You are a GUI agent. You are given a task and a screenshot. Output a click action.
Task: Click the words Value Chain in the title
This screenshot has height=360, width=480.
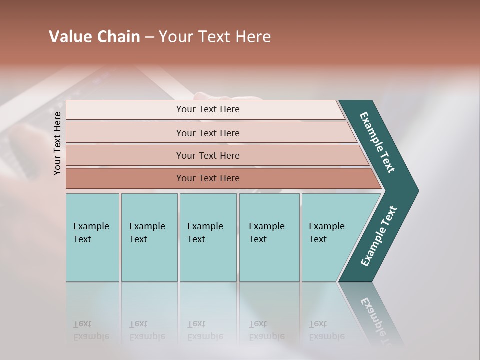(94, 37)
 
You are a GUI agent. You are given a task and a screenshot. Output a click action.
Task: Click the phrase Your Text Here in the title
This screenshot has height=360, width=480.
(215, 37)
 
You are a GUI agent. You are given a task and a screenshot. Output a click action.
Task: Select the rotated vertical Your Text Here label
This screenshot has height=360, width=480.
(57, 143)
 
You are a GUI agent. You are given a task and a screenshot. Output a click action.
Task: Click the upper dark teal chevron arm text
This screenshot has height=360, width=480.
(378, 142)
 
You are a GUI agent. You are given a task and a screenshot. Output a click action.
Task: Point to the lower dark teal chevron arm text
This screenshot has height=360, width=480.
(379, 236)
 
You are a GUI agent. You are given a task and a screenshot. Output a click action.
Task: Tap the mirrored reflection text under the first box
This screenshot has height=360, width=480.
(91, 330)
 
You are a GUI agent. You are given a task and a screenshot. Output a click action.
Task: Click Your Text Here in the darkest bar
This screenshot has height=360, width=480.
(208, 178)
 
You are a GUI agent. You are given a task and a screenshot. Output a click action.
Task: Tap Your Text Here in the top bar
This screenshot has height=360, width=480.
(208, 109)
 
